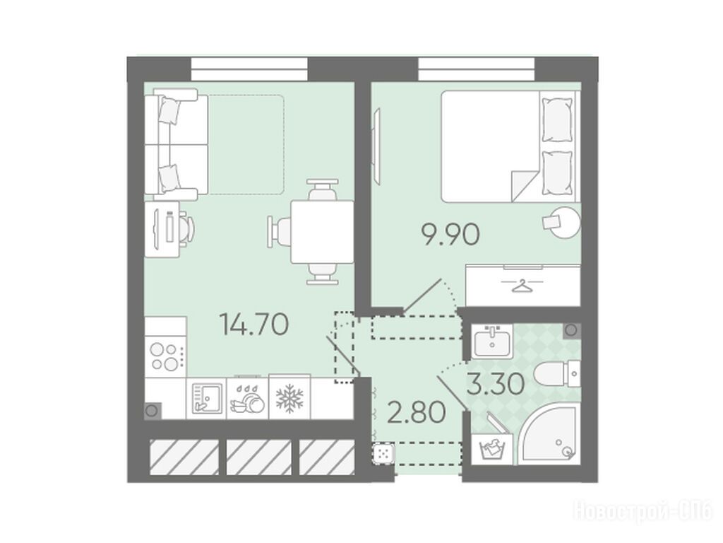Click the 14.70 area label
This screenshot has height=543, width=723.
pos(254,325)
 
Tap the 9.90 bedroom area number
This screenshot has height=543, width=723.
pos(451,235)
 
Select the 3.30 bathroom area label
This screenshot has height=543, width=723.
pos(496,384)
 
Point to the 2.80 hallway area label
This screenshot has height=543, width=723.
pos(417,412)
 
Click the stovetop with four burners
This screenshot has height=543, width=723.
pos(165,357)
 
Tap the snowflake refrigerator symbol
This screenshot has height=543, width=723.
pos(289,398)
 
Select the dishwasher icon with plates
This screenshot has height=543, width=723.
pos(248,399)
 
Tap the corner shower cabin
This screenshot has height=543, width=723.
pos(547,434)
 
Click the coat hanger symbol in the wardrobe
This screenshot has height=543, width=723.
pos(522,286)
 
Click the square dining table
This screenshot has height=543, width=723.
pos(322,232)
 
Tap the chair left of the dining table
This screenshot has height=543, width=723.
pos(280,231)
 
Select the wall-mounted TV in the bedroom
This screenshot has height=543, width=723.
pos(378,146)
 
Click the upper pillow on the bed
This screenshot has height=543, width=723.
pos(558,119)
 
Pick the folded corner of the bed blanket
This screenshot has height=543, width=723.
pos(524,186)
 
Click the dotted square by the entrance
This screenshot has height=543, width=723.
pos(383,453)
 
